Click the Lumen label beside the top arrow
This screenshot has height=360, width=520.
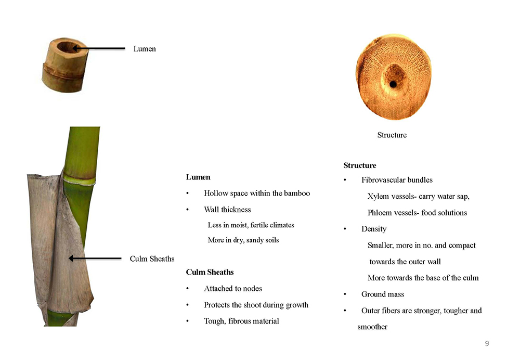click(145, 49)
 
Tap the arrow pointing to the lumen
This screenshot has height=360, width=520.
click(99, 48)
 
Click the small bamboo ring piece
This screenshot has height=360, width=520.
click(65, 65)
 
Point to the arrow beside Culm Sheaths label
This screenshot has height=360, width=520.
click(95, 258)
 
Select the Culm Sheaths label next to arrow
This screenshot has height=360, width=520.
click(152, 259)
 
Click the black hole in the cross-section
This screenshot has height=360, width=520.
click(393, 84)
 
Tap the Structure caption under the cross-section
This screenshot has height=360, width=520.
click(392, 135)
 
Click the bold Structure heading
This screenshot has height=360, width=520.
click(360, 165)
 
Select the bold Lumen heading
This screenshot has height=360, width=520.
click(198, 177)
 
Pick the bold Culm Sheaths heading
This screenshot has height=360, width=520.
click(210, 272)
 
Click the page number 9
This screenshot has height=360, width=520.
click(487, 343)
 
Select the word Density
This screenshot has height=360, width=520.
click(374, 229)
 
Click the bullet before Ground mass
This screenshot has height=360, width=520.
click(345, 294)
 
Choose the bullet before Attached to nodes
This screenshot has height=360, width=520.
click(187, 289)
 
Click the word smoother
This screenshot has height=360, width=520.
click(372, 327)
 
